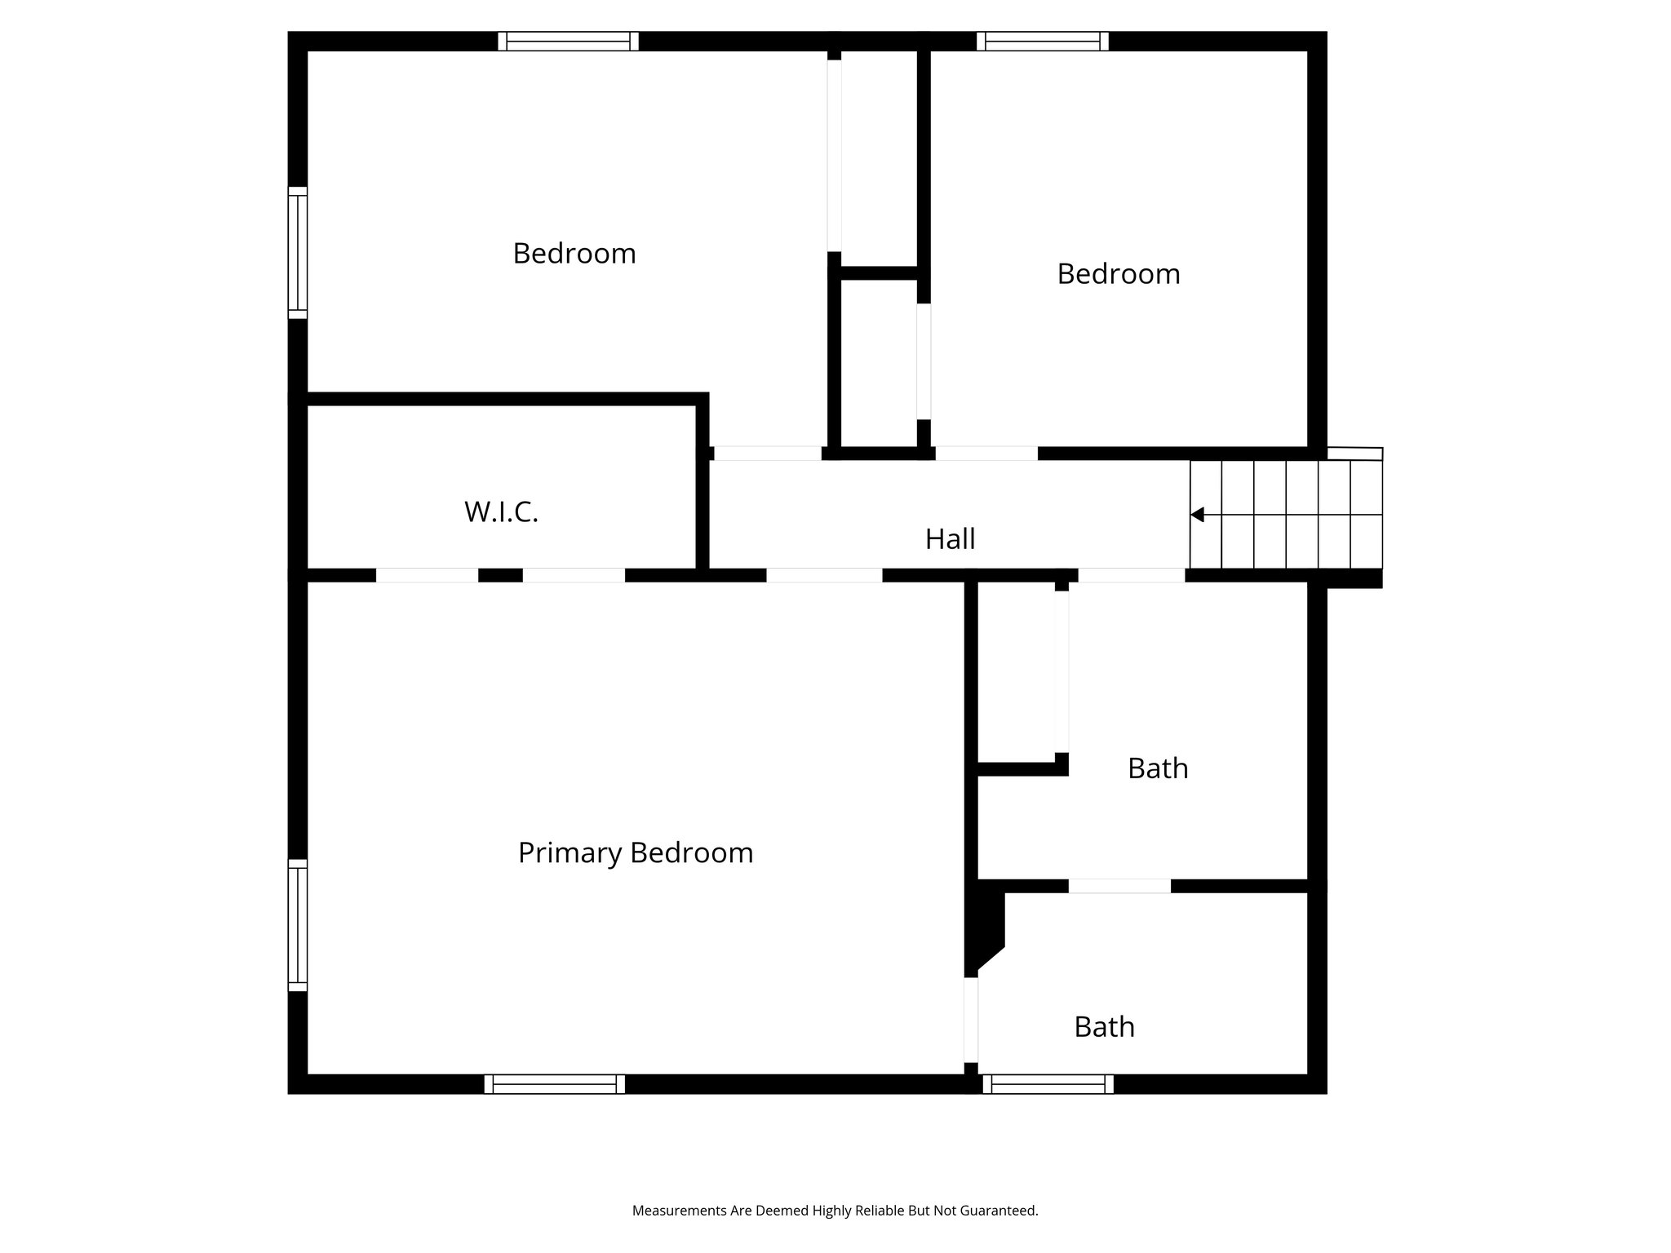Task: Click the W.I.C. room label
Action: (501, 512)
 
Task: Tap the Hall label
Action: (950, 539)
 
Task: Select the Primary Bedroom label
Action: (636, 853)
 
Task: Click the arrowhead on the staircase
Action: (1197, 515)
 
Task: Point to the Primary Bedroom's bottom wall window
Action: (555, 1084)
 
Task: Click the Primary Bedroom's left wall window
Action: (298, 925)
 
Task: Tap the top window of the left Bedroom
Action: (568, 41)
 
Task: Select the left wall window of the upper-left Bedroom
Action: (298, 253)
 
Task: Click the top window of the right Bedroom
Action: (1042, 41)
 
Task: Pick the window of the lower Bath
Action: (1048, 1084)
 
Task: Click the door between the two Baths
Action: (1119, 886)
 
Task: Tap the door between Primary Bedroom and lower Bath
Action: (971, 1020)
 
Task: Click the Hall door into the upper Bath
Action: (1131, 575)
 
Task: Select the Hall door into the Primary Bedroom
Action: (824, 575)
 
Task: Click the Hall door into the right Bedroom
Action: (986, 454)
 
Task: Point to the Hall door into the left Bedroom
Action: (768, 454)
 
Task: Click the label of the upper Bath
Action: (1157, 768)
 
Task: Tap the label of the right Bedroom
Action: (1118, 274)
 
